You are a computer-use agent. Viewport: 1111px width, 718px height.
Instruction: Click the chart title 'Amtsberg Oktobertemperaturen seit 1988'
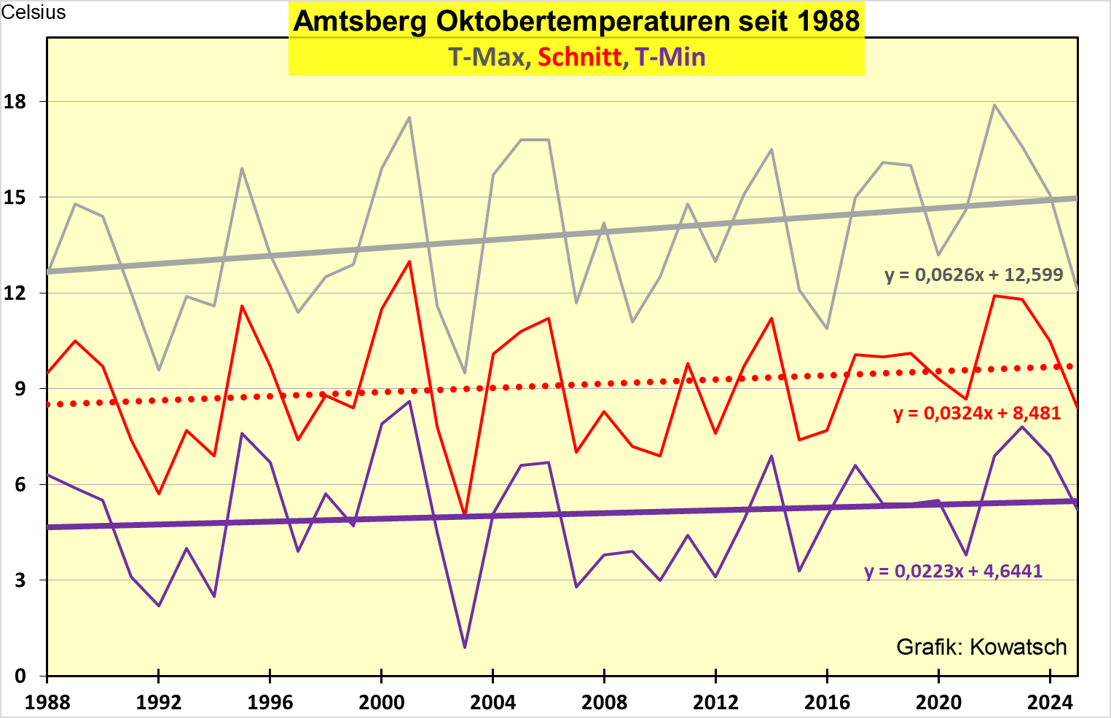click(576, 21)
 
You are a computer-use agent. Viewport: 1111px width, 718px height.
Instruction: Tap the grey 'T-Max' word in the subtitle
click(486, 57)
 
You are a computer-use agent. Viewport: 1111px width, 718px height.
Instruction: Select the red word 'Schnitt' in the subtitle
click(580, 57)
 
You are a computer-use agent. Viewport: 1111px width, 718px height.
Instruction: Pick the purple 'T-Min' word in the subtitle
click(670, 57)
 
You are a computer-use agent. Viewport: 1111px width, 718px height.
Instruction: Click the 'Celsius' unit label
click(34, 12)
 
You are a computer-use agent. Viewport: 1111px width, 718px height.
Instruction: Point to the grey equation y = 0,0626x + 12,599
click(974, 275)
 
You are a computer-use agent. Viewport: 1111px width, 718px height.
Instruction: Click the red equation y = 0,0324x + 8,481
click(977, 413)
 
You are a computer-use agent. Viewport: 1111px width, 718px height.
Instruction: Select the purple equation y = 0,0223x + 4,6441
click(954, 571)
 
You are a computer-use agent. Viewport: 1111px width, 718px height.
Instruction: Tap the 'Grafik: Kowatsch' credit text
click(981, 647)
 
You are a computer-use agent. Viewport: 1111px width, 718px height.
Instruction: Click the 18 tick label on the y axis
click(15, 102)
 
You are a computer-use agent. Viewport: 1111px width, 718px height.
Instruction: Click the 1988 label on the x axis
click(47, 702)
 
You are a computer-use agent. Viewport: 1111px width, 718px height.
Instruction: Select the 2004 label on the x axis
click(493, 702)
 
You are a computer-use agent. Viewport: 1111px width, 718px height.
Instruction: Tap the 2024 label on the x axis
click(1050, 702)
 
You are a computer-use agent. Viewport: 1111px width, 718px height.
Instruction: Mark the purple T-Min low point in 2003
click(465, 647)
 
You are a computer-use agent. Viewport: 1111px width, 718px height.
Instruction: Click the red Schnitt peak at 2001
click(409, 261)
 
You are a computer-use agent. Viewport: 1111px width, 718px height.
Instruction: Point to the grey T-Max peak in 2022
click(994, 105)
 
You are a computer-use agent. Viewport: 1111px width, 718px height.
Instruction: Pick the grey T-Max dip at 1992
click(159, 370)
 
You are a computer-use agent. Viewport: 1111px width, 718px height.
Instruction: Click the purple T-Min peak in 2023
click(1022, 427)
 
